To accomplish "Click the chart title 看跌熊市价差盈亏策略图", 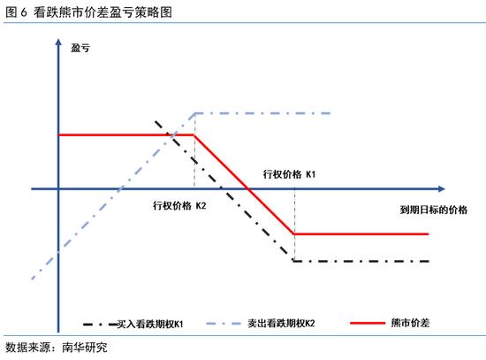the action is coord(103,12).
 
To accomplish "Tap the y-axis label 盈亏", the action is coord(80,48).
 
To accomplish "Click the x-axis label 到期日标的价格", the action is coord(433,210).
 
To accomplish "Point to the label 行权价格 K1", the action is coord(289,174).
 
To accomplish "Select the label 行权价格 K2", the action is coord(179,205).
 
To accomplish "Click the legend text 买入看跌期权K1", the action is coord(150,324).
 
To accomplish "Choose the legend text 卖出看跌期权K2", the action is coord(281,324).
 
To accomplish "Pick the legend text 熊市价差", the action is coord(410,323).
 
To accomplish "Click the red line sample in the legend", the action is coord(368,323).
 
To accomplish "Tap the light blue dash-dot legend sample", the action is coord(224,324).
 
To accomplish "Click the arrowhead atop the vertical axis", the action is coord(58,42).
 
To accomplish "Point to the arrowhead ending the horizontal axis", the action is coord(441,188).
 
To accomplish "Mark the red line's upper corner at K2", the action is coord(194,135).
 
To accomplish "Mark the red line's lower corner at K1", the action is coord(294,234).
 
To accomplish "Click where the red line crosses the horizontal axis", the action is coord(248,188).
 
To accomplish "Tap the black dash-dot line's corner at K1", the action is coord(294,261).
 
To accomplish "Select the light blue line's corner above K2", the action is coord(194,113).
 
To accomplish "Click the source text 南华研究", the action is coord(85,348).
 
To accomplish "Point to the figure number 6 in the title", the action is coord(24,12).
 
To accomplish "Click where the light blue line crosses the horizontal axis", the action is coord(120,188).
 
